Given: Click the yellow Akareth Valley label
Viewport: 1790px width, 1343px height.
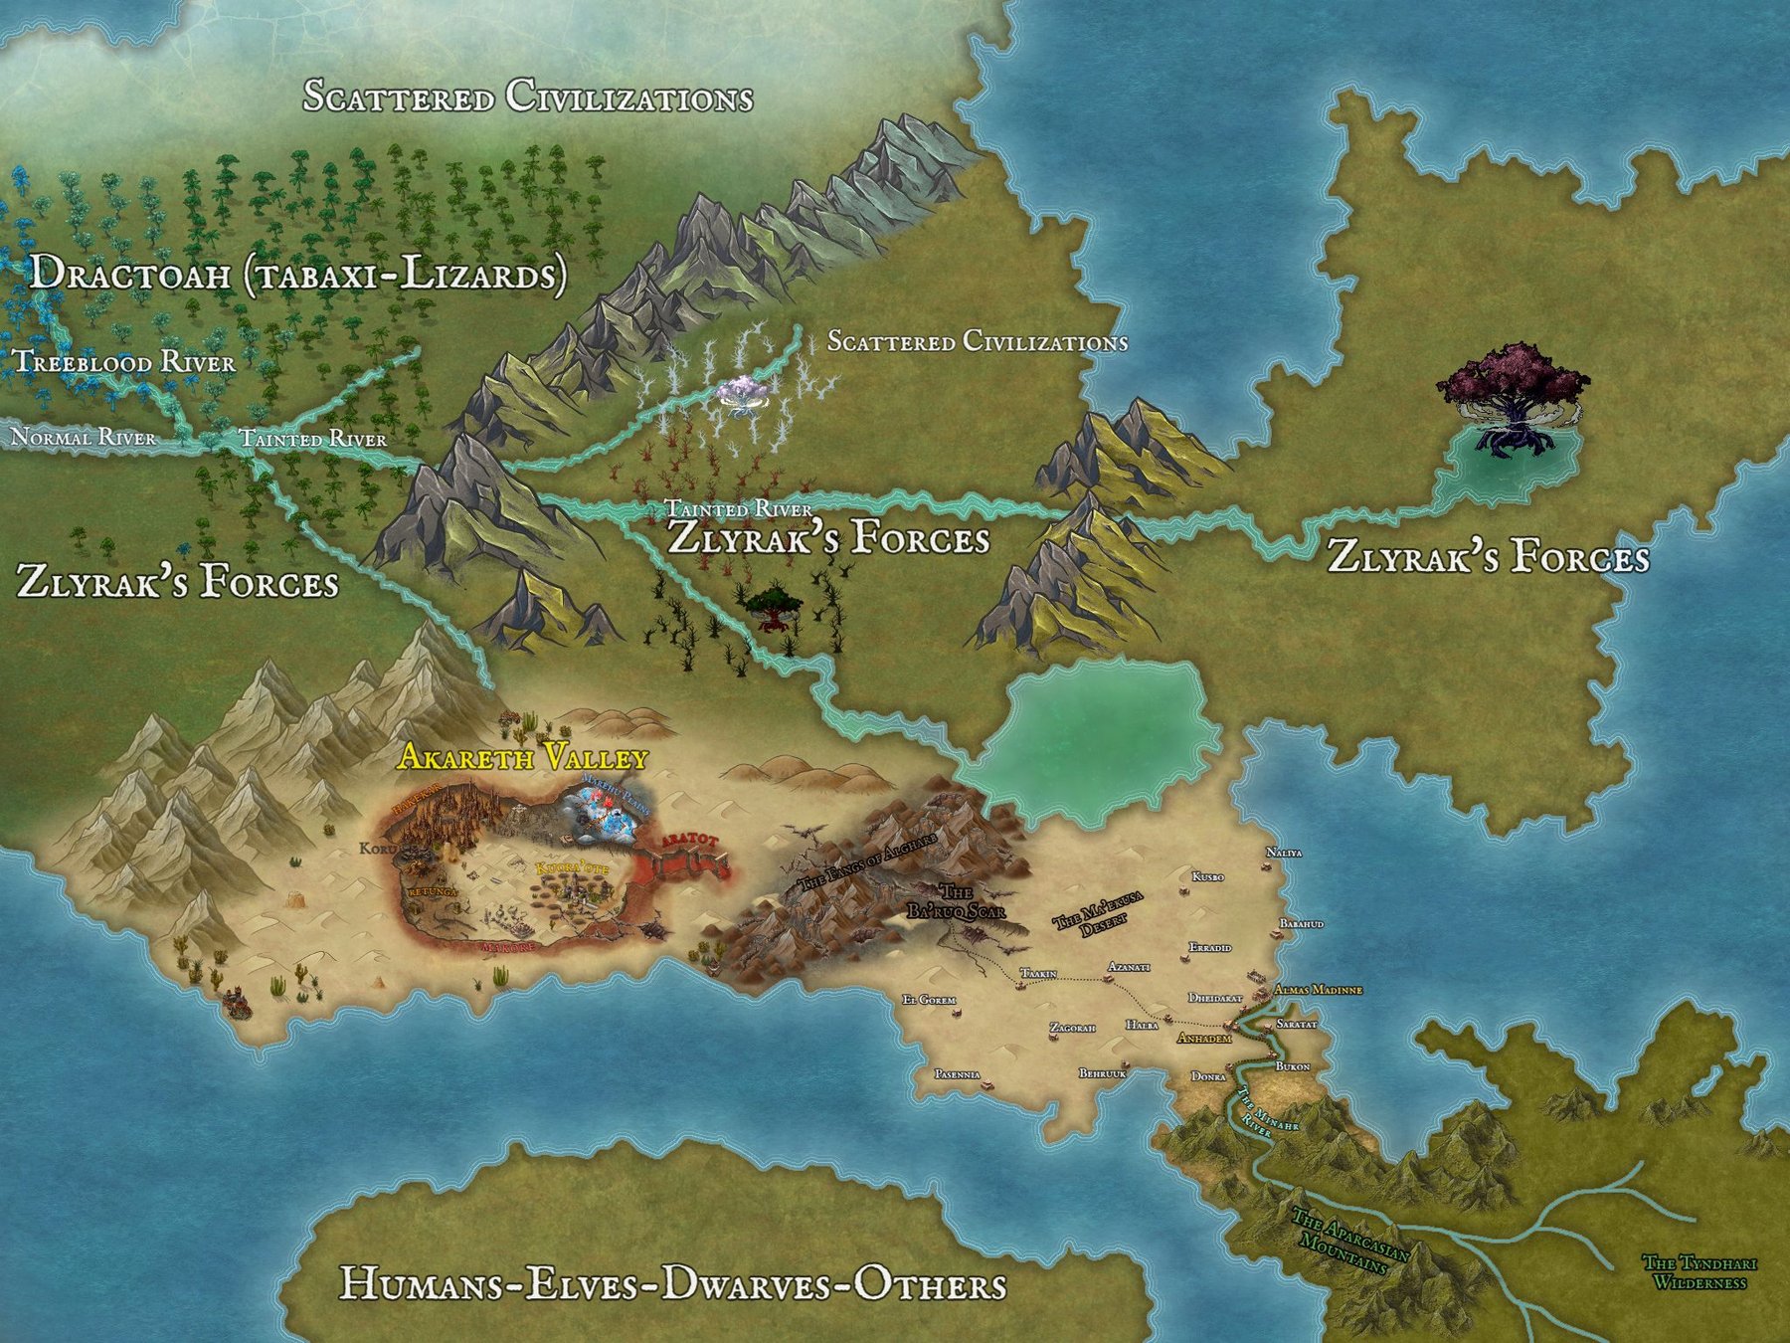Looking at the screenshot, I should [522, 758].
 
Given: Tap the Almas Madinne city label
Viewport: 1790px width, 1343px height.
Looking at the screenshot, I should [1318, 990].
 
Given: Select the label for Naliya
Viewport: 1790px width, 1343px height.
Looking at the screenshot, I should [1284, 853].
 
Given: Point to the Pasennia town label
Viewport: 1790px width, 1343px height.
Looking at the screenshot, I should [958, 1074].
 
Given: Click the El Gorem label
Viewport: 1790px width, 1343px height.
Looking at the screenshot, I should [928, 999].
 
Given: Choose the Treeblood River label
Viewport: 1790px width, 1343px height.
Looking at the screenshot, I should [125, 361].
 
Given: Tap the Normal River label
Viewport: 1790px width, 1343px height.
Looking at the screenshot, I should [83, 437].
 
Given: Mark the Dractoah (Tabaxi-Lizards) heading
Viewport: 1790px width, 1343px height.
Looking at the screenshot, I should [297, 274].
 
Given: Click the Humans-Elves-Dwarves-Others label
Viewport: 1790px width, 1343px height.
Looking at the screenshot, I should [672, 1284].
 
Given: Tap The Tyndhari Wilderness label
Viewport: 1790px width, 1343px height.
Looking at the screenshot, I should [1700, 1272].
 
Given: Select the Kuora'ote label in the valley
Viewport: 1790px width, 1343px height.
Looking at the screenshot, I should [569, 867].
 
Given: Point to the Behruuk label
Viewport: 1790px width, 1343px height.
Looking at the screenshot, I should [1103, 1073].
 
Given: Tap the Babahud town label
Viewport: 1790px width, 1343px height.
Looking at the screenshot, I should [1302, 924].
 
